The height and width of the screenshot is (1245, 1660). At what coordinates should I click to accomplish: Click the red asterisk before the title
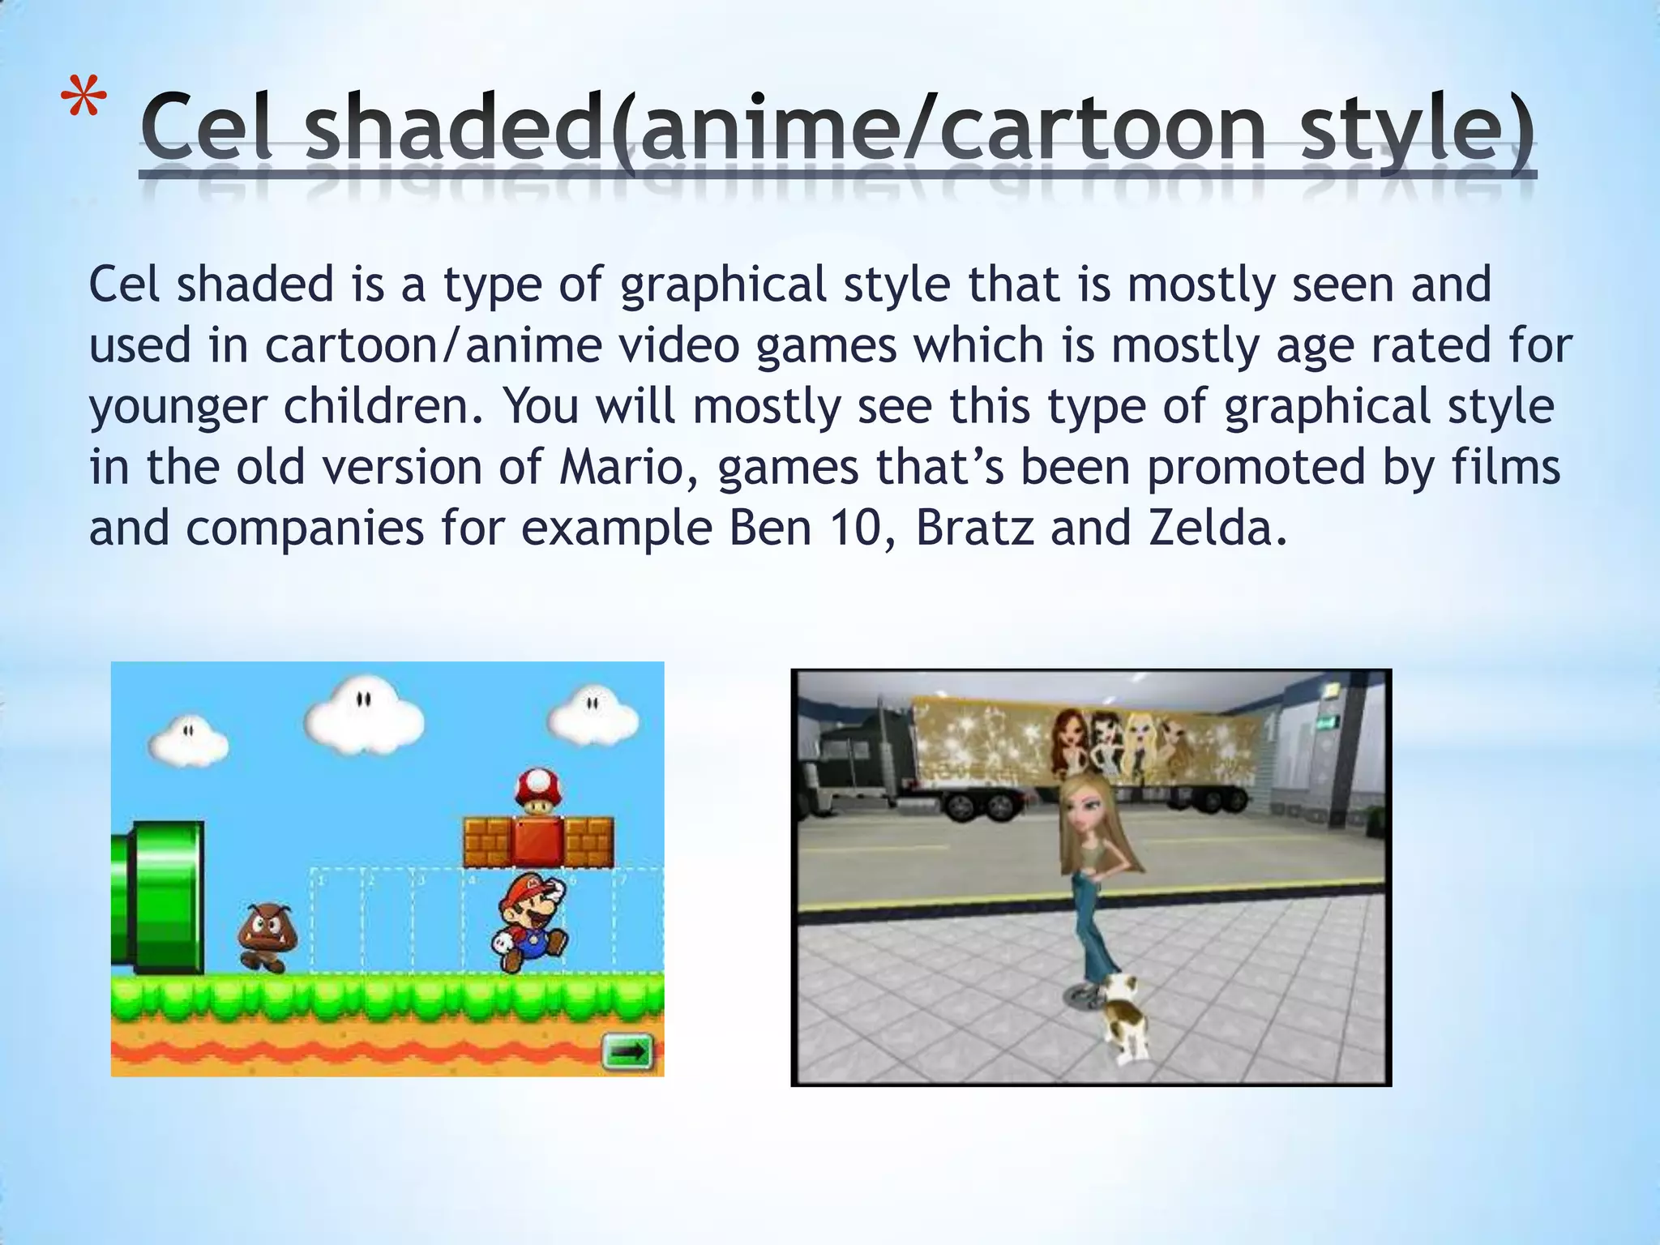tap(83, 101)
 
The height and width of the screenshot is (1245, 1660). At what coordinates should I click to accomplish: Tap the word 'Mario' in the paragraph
tap(622, 468)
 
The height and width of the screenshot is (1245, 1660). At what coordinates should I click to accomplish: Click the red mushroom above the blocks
tap(538, 789)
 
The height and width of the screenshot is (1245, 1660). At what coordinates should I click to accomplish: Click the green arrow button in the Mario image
tap(627, 1052)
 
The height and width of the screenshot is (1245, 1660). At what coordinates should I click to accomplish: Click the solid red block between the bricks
tap(537, 841)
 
